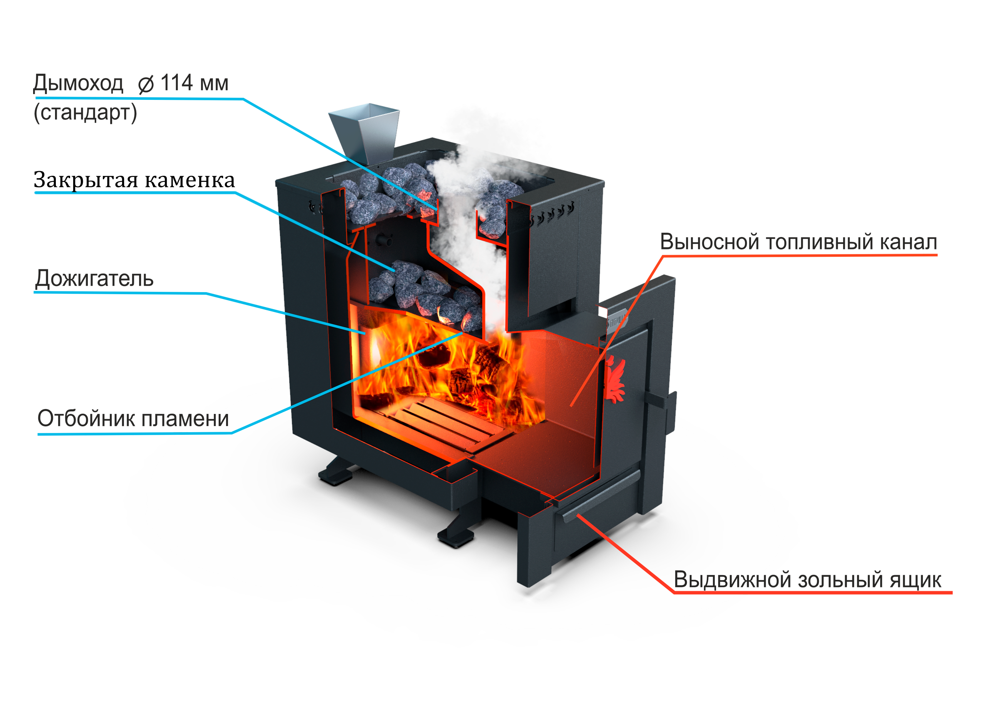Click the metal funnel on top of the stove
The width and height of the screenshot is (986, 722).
pos(364,131)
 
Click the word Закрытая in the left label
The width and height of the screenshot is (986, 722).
pos(86,180)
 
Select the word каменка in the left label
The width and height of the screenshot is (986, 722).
pos(189,180)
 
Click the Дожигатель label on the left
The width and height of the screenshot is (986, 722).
pos(94,280)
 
